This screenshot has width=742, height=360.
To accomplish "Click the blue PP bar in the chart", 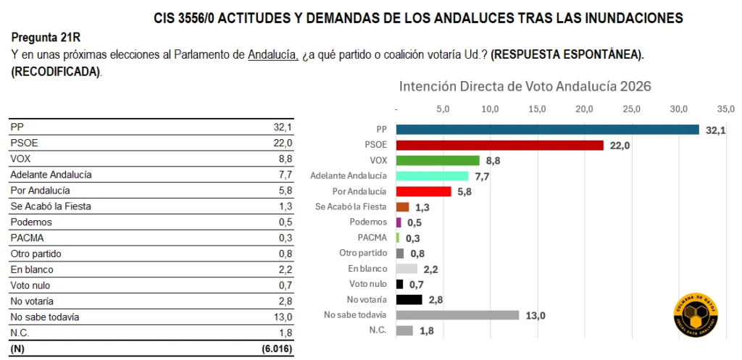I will click(x=547, y=130).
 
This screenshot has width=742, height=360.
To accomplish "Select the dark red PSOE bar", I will click(x=499, y=145).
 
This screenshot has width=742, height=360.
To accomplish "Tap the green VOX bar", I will click(x=438, y=160).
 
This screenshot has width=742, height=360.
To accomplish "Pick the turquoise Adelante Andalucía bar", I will click(x=432, y=176).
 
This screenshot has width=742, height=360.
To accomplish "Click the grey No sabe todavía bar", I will click(x=457, y=315).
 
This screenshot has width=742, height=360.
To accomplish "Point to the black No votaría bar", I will click(x=409, y=299).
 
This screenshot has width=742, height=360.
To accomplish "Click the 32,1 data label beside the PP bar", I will click(x=716, y=130).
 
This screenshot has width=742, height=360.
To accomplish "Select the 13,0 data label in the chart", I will click(x=536, y=315).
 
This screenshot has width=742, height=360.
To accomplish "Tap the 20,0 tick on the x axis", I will click(x=584, y=109).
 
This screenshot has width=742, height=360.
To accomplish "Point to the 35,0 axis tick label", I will click(x=725, y=109).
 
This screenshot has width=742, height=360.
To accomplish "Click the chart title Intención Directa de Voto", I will click(x=525, y=86).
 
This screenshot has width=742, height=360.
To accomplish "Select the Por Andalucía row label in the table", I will click(x=40, y=191).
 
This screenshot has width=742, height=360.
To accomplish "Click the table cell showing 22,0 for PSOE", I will click(x=283, y=143).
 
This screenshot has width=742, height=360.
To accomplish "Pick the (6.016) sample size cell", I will click(x=277, y=348).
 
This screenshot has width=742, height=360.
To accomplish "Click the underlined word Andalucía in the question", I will click(x=272, y=55).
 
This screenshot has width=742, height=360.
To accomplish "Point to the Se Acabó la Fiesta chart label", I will click(x=351, y=207).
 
